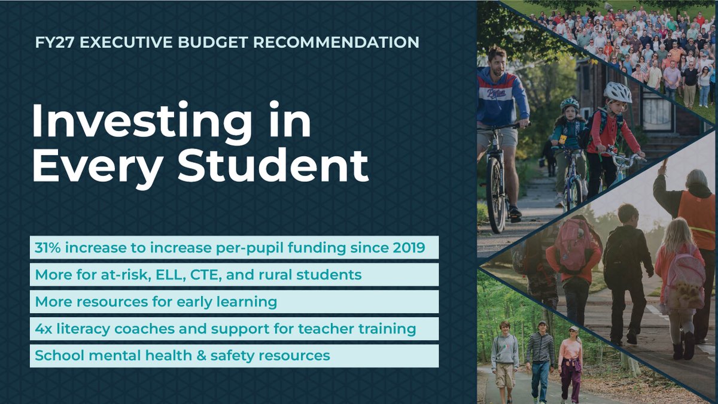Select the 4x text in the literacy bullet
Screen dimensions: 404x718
43,329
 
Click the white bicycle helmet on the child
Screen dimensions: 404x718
617,93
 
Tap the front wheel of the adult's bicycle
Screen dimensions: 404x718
496,195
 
